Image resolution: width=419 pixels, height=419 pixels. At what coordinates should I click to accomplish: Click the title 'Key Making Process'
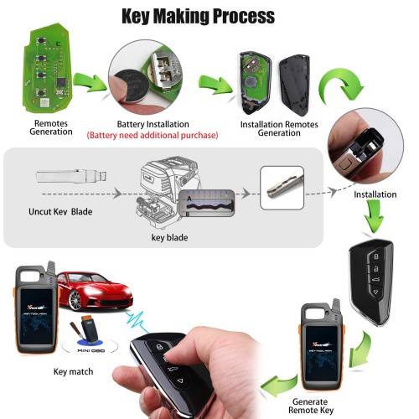click(199, 16)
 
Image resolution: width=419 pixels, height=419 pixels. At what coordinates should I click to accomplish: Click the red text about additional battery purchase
click(153, 136)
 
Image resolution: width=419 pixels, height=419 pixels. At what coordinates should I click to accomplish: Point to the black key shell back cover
click(295, 85)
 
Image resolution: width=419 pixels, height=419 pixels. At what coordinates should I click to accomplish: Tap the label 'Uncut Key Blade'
click(60, 211)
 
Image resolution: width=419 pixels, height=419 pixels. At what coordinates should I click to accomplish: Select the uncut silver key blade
click(72, 177)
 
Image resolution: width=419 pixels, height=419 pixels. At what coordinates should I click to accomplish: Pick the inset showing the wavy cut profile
click(206, 204)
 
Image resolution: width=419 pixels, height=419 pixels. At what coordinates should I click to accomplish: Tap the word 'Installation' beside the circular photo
click(375, 194)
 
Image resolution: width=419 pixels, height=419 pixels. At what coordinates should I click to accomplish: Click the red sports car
click(95, 291)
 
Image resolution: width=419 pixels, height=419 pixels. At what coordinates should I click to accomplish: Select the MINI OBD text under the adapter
click(91, 350)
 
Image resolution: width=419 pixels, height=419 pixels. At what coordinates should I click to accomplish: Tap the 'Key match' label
click(73, 372)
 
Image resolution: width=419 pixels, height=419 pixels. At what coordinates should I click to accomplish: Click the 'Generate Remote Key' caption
click(311, 406)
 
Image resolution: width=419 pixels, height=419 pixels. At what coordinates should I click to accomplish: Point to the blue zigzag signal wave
click(137, 321)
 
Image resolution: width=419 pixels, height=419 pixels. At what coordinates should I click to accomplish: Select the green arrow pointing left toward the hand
click(279, 385)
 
